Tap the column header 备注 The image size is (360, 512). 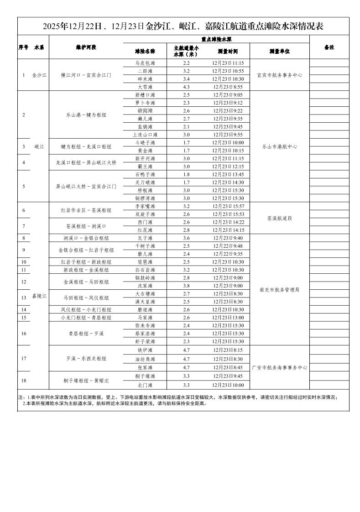[x=329, y=47]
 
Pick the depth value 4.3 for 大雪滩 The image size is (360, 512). [x=186, y=87]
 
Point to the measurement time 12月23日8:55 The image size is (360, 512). [x=228, y=87]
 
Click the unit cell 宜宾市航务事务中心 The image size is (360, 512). [x=280, y=75]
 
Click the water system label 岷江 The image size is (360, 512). [x=39, y=146]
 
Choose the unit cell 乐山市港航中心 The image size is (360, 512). [x=280, y=146]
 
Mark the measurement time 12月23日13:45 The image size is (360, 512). [x=228, y=174]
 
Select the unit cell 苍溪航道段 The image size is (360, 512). [x=280, y=218]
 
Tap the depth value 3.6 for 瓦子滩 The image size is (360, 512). [x=186, y=238]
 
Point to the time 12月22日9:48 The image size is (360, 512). [x=228, y=246]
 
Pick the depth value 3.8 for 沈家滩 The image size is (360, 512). [x=186, y=286]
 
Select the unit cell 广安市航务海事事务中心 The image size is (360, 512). [x=280, y=367]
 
